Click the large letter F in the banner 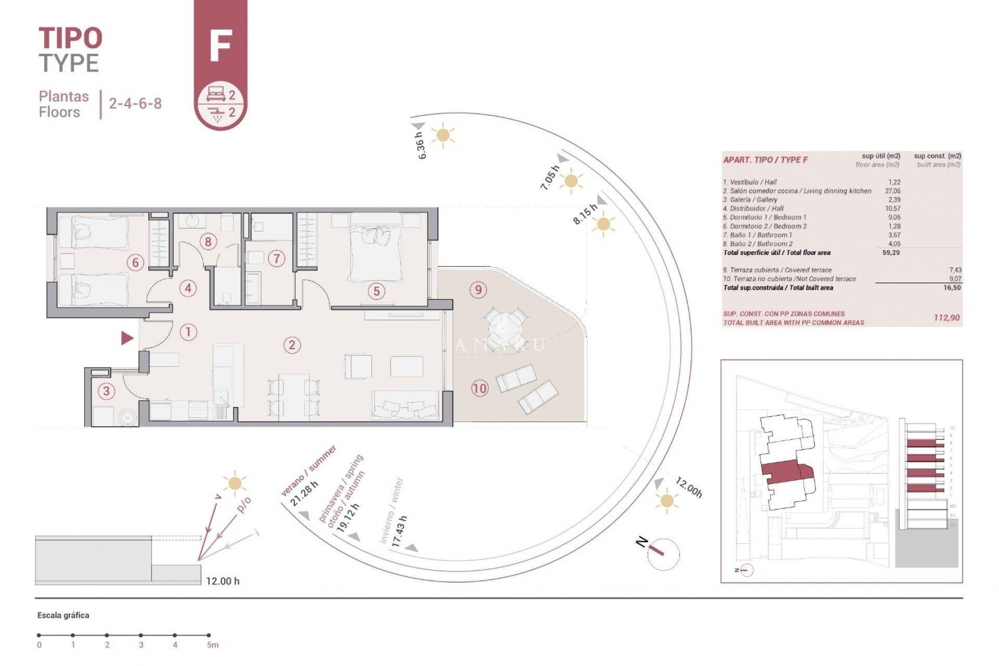(x=220, y=46)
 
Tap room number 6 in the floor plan (x=135, y=263)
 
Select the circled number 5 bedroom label (x=377, y=291)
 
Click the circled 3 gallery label (x=106, y=391)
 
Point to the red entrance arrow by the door (x=127, y=339)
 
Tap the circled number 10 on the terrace (x=480, y=388)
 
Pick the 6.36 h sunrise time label (x=421, y=145)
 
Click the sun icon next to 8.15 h (x=603, y=225)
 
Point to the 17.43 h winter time (x=399, y=531)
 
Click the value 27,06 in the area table (x=893, y=191)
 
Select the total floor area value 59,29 (x=891, y=253)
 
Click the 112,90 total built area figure (x=946, y=318)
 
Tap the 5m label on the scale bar (x=212, y=645)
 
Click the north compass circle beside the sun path (x=663, y=554)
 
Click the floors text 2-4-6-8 (x=135, y=104)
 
